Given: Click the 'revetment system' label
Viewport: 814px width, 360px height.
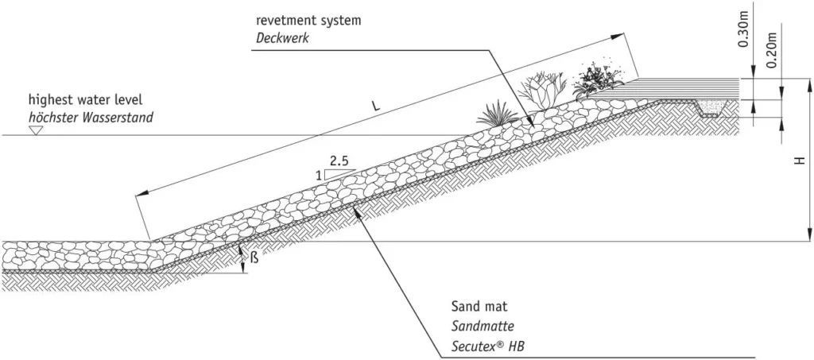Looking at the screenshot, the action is tap(308, 21).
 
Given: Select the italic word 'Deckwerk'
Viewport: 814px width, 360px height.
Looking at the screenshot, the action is tap(282, 38).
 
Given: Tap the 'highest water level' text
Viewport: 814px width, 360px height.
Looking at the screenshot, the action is tap(85, 99).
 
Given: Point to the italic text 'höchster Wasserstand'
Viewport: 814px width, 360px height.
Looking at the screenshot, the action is tap(91, 118).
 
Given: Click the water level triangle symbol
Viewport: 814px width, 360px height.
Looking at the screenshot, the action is tap(35, 130).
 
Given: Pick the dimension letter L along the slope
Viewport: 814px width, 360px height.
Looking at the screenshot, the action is tap(376, 106).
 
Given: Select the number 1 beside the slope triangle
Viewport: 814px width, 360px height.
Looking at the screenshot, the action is tap(318, 176).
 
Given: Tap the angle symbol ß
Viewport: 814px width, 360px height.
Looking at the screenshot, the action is tap(254, 257).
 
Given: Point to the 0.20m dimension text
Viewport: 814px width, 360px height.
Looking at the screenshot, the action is tap(772, 50).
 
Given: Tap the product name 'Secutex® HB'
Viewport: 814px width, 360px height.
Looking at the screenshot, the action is tap(488, 346).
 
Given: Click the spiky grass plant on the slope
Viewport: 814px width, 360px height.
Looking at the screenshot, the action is tap(497, 114).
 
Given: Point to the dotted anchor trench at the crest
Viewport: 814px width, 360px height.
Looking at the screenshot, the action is tap(709, 108).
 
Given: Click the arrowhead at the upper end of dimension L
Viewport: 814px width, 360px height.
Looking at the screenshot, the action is tap(618, 37).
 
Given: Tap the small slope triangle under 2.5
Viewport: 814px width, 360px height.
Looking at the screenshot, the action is tap(340, 174).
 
